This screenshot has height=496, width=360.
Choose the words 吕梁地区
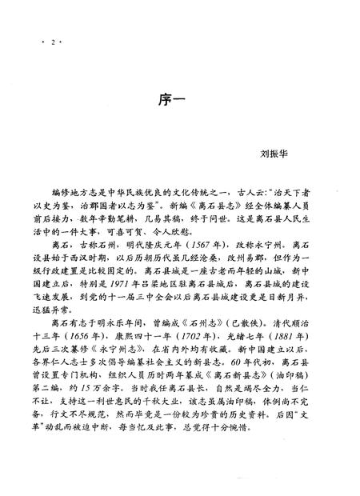click(x=184, y=272)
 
